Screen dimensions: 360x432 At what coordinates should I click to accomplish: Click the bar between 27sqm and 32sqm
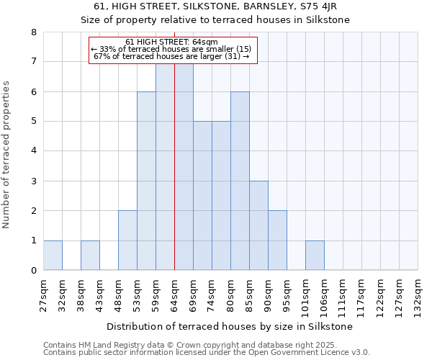(x=53, y=256)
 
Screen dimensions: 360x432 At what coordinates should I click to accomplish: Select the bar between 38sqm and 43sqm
(x=90, y=256)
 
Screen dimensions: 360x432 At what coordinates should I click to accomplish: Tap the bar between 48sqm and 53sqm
(x=127, y=240)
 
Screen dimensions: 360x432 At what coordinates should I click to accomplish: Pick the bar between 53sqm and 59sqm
(x=146, y=181)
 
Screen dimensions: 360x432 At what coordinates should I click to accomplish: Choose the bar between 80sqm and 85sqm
(x=240, y=181)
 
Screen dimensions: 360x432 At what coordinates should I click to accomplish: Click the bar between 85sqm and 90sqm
(x=258, y=225)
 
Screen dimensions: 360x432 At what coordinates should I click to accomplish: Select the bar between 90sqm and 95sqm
(x=277, y=240)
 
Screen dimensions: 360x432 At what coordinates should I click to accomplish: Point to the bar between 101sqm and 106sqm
(x=315, y=256)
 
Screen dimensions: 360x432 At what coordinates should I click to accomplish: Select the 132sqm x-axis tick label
(x=418, y=294)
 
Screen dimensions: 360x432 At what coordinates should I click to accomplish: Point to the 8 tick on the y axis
(x=33, y=32)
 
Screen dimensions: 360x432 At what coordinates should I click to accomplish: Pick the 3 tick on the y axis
(x=33, y=181)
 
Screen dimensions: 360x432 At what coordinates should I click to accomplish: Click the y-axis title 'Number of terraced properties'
(x=7, y=155)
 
